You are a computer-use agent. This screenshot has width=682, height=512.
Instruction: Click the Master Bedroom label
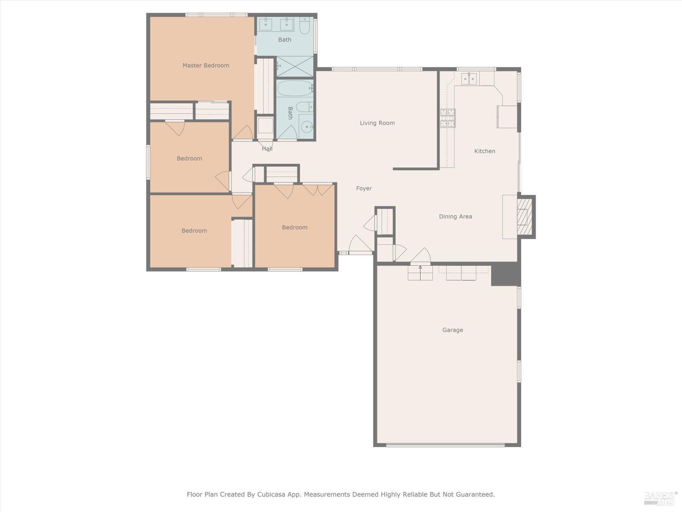click(206, 66)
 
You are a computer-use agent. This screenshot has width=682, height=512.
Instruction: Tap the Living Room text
click(377, 123)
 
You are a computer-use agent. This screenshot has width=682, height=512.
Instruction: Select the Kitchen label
click(485, 151)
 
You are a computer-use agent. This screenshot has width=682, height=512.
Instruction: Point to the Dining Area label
click(455, 217)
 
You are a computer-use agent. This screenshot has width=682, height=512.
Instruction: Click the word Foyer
click(364, 188)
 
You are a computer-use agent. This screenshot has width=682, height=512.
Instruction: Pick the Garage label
click(452, 330)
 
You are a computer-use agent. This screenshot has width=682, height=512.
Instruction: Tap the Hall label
click(267, 149)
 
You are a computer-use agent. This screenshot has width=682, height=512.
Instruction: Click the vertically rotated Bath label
click(290, 113)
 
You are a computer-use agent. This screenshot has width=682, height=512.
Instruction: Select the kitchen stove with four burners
click(447, 118)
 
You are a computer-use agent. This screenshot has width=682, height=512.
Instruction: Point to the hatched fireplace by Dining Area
click(525, 217)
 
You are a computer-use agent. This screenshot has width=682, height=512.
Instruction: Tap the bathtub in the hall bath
click(295, 88)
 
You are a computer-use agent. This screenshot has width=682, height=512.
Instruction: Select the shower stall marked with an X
click(295, 66)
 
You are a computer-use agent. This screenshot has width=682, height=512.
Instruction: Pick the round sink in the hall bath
click(307, 127)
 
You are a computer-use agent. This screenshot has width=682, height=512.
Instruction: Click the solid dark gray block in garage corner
click(505, 274)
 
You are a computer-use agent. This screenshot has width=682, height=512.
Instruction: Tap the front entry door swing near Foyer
click(360, 245)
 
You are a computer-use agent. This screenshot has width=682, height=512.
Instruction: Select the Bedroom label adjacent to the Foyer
click(295, 228)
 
